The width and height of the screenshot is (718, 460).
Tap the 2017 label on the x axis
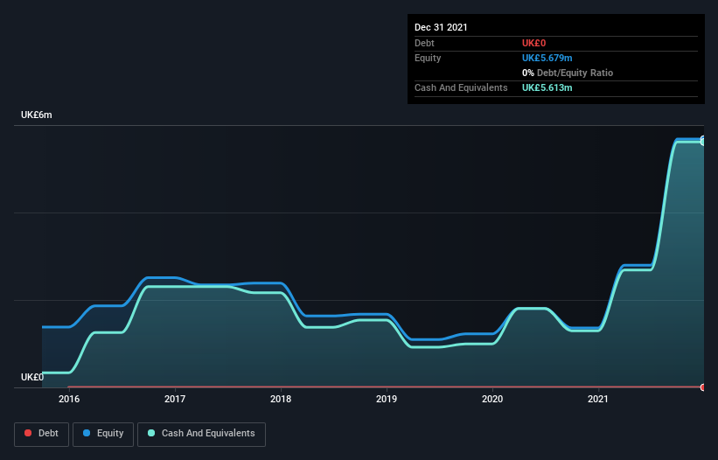click(175, 400)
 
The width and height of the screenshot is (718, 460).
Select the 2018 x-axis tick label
click(281, 400)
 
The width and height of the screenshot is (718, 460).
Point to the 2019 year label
click(387, 400)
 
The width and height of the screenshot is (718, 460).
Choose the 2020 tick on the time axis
click(492, 400)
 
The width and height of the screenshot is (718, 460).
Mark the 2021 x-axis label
click(598, 400)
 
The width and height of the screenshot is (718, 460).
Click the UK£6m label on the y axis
click(37, 115)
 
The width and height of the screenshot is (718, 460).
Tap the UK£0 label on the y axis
click(32, 377)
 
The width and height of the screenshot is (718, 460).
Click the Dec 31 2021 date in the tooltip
click(441, 27)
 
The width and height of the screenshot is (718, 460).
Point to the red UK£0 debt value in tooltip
click(533, 43)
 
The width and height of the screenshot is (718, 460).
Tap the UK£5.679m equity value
click(547, 58)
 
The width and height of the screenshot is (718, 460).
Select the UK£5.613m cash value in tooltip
click(547, 88)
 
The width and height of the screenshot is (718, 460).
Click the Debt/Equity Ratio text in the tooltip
click(573, 73)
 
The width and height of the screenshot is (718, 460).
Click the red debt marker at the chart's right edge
click(702, 387)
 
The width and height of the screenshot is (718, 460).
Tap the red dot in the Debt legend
click(28, 434)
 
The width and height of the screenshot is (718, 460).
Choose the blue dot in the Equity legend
click(87, 434)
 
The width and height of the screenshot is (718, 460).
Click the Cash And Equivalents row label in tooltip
click(461, 88)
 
